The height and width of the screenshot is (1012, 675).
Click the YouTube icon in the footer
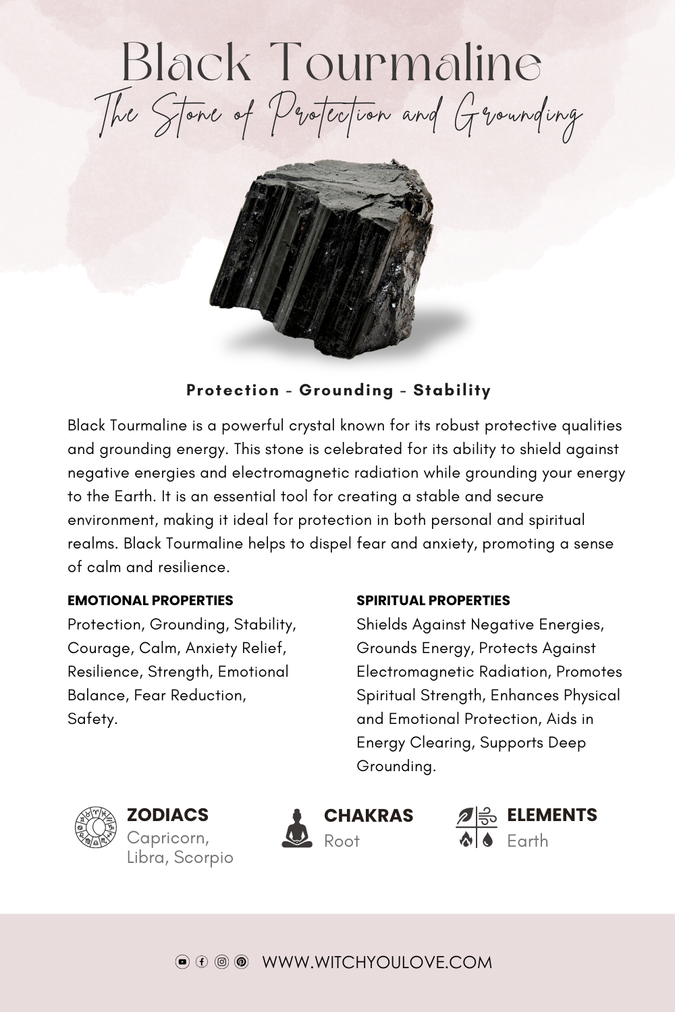click(x=182, y=962)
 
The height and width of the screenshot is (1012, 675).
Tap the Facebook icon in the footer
click(x=202, y=962)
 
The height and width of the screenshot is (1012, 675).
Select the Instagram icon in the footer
click(x=221, y=962)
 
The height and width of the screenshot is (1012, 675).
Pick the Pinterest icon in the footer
click(x=241, y=962)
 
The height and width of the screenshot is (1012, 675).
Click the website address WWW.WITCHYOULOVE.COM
click(x=377, y=962)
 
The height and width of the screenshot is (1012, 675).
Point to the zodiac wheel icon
click(x=96, y=827)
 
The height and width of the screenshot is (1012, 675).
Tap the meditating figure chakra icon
click(x=297, y=828)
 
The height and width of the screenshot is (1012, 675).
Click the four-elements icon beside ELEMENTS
click(x=477, y=827)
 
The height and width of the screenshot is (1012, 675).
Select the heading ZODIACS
click(x=167, y=815)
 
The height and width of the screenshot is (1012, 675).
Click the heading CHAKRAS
click(x=369, y=816)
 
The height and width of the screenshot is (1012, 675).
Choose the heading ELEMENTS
click(x=551, y=815)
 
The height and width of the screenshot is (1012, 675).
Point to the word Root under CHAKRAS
click(x=342, y=841)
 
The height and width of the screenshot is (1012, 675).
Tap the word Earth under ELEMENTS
click(x=527, y=841)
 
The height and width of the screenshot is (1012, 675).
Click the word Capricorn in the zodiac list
click(x=167, y=838)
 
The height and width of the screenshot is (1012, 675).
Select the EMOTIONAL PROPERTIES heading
click(x=150, y=600)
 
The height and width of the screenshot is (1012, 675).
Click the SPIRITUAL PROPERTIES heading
click(x=433, y=600)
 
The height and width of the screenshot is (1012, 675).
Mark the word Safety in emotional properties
click(x=91, y=719)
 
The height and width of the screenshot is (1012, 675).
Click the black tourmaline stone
click(x=324, y=256)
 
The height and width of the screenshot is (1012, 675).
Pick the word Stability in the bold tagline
click(x=452, y=390)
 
